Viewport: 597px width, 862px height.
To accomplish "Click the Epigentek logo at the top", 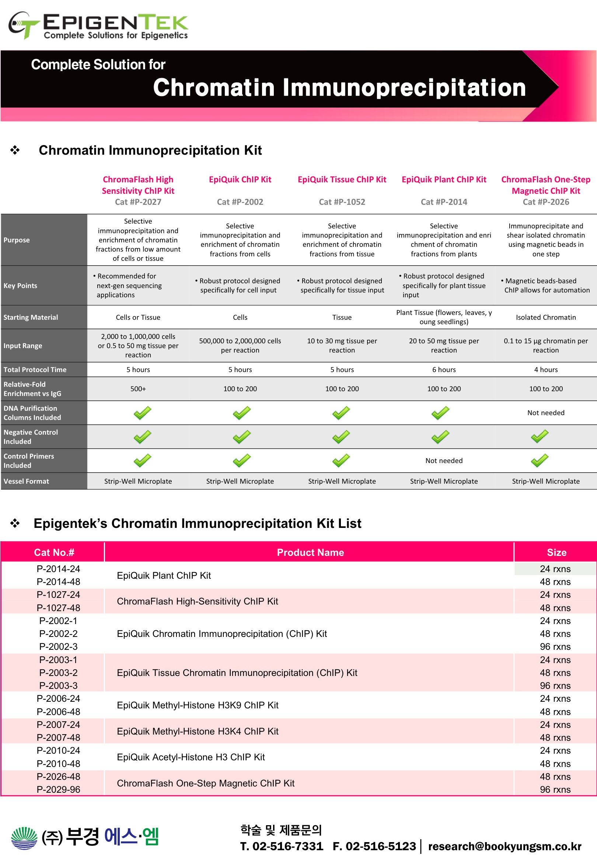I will coord(98,25).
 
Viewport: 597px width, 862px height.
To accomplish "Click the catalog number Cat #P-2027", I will coord(138,202).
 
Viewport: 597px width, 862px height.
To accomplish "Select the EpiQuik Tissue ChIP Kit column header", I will coord(342,179).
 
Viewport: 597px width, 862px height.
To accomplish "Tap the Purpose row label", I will coord(17,240).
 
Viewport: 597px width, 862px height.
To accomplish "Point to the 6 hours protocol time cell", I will coord(444,370).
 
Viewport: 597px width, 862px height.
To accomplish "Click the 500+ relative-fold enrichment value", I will coord(138,389).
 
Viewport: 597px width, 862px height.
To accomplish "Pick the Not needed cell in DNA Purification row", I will coord(545,413).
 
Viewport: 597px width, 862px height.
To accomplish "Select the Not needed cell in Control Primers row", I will coord(444,460).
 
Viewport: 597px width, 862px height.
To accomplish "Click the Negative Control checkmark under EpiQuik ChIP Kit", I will coord(241,437).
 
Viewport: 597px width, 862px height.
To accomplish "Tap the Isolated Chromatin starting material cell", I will coord(545,318).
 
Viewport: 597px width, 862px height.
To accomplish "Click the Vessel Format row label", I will coord(26,481).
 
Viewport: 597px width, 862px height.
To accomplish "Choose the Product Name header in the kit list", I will coord(310,553).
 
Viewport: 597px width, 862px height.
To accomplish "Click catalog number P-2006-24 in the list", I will coord(58,699).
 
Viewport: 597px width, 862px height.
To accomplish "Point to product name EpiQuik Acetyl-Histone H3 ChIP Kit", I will coord(191,757).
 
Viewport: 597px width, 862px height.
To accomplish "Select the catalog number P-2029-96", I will coord(58,789).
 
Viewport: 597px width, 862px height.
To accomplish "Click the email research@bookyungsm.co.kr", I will coord(505,846).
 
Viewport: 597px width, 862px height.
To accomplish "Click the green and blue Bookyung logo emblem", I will coord(24,838).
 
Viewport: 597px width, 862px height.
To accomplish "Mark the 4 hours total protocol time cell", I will coord(545,370).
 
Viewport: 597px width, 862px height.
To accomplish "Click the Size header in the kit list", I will coord(556,553).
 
